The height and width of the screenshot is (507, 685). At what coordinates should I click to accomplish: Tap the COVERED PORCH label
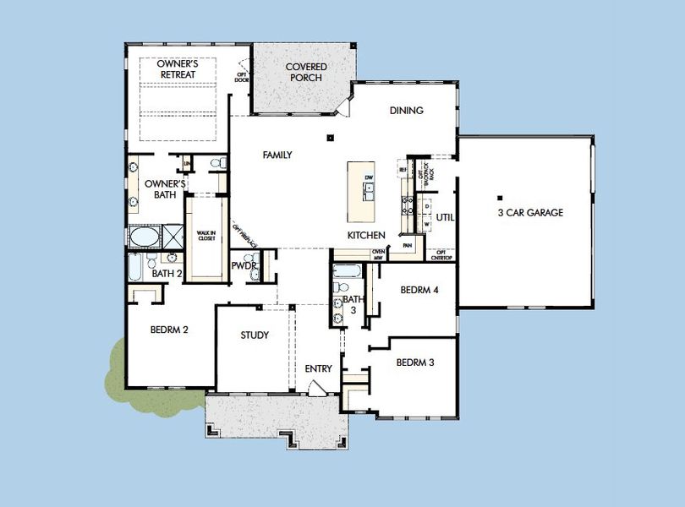tap(305, 73)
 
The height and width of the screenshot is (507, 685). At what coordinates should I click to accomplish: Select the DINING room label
tap(406, 111)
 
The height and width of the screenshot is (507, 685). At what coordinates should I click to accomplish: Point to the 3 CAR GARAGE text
tap(530, 213)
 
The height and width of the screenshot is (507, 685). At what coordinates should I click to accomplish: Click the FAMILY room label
tap(277, 155)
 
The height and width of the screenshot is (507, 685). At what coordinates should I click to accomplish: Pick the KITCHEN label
tap(366, 235)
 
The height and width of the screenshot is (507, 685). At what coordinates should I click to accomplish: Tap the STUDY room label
tap(255, 335)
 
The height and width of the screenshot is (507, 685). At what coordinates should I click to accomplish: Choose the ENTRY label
tap(319, 368)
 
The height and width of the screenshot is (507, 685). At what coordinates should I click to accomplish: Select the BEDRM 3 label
tap(415, 363)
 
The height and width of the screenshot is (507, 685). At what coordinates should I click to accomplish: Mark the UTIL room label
tap(445, 217)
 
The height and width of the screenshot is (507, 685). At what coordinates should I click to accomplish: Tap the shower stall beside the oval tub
tap(173, 235)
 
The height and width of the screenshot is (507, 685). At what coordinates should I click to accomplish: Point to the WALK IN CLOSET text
tap(206, 235)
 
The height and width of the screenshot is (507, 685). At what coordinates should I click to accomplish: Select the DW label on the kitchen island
tap(369, 177)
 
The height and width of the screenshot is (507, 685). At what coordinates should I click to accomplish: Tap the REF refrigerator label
tap(403, 170)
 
